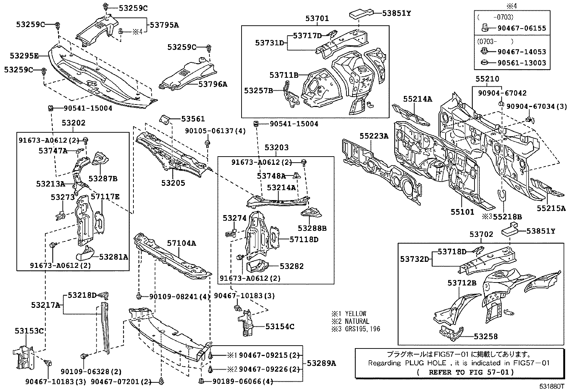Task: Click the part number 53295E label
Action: click(x=24, y=56)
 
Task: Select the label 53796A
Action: click(x=213, y=84)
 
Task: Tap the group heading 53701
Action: click(x=317, y=19)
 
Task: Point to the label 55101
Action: click(x=462, y=212)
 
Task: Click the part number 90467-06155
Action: click(x=522, y=28)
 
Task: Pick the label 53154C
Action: click(x=280, y=326)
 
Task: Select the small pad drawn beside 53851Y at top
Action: click(x=360, y=13)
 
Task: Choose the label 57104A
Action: click(x=182, y=243)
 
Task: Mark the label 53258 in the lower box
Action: click(x=486, y=336)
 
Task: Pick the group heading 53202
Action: click(x=73, y=123)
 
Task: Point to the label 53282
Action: click(x=291, y=266)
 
